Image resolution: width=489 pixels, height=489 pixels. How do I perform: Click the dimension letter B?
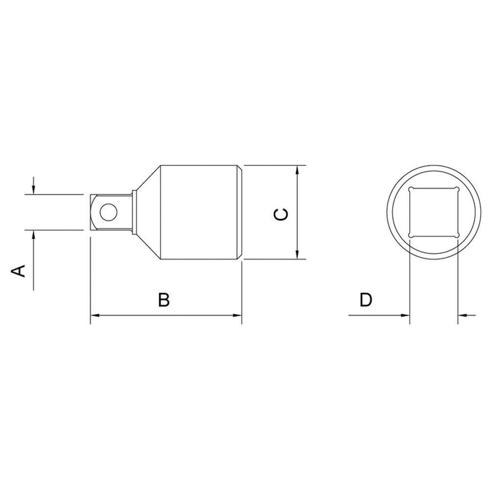point(164,300)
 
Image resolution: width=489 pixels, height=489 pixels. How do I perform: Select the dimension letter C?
point(281,215)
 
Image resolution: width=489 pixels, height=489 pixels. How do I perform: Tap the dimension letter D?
point(366,300)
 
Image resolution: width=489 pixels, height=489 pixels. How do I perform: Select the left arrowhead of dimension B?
point(95,315)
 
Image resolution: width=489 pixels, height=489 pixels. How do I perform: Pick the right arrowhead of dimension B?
point(237,315)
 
